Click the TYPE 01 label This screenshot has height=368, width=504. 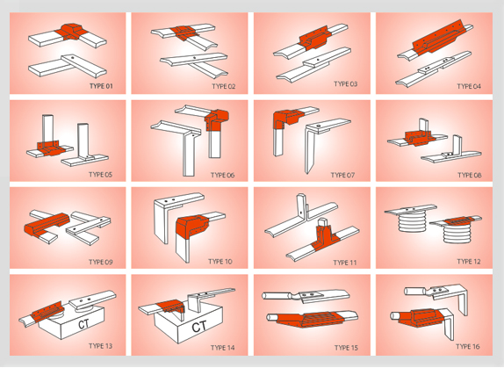(x=101, y=86)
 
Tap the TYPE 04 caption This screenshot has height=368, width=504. (x=469, y=86)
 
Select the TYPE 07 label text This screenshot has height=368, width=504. (x=342, y=175)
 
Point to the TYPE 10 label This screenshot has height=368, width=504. (x=220, y=262)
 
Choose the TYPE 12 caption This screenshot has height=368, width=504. (x=469, y=262)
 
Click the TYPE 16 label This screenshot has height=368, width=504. (x=468, y=346)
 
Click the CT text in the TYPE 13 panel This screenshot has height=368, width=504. (x=83, y=324)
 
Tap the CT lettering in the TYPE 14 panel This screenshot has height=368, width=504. (x=199, y=327)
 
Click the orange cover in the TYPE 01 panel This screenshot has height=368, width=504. (x=71, y=32)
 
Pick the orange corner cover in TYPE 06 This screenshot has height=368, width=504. (x=217, y=120)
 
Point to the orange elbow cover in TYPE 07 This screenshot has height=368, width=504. (x=287, y=119)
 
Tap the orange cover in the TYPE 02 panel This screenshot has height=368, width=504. (x=184, y=32)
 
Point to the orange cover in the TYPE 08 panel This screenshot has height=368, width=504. (x=420, y=138)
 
